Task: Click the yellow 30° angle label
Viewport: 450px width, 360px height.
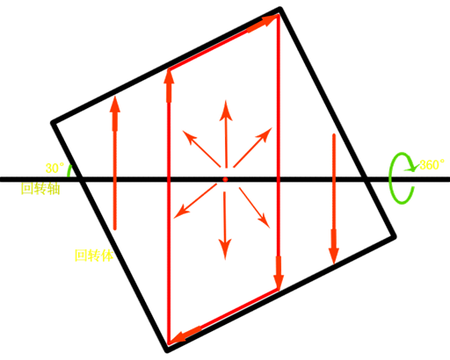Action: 54,168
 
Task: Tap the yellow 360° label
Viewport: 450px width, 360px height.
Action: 432,165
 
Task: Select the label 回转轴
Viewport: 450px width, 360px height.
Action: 40,189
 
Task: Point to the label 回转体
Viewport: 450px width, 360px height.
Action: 94,256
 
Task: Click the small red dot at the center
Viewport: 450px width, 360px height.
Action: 225,179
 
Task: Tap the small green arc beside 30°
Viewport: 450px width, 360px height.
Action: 69,170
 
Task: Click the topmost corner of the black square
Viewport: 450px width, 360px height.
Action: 280,8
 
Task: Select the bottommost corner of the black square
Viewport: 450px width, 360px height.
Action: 166,350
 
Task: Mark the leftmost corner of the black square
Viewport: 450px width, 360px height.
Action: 52,123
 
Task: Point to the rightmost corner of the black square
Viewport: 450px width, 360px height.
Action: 395,236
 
